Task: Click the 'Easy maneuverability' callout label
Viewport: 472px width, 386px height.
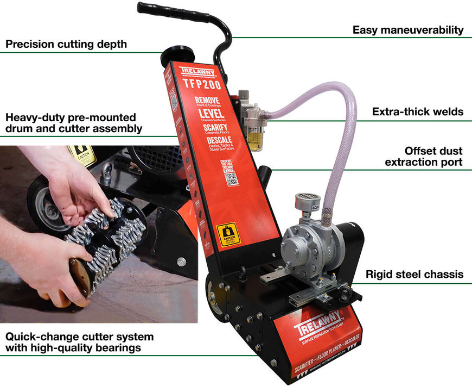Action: [x=408, y=30]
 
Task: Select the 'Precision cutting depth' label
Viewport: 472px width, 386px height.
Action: [x=66, y=44]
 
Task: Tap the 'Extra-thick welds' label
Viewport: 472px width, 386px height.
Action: [x=417, y=112]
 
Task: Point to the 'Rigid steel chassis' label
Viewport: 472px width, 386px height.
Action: [x=414, y=275]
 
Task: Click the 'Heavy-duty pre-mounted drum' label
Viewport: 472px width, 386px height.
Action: [x=74, y=123]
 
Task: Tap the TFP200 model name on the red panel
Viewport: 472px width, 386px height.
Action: [x=199, y=85]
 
